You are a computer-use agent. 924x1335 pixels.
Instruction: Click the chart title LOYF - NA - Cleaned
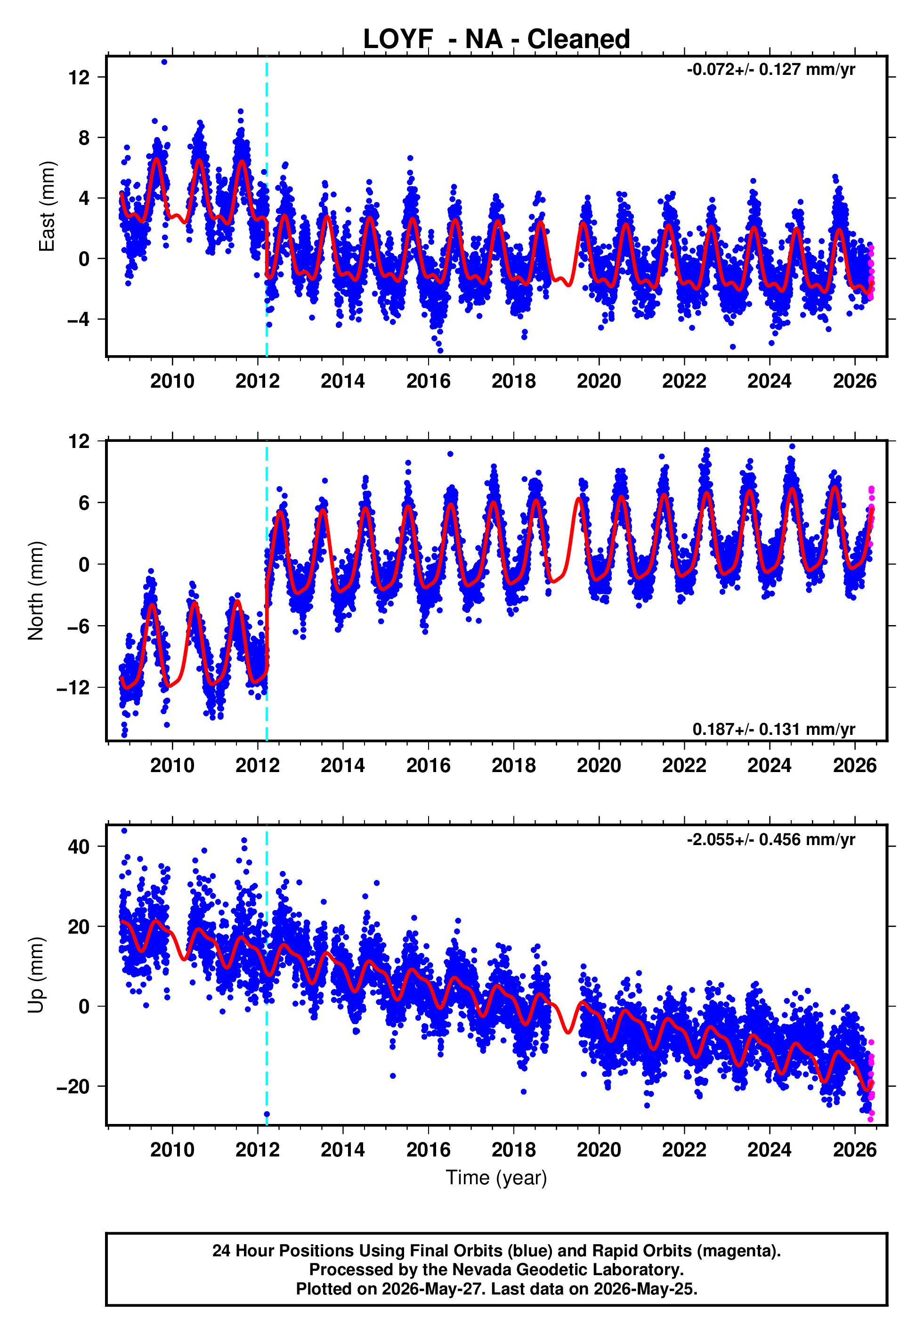(x=496, y=40)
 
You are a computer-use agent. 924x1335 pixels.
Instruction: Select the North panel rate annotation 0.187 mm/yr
(x=773, y=729)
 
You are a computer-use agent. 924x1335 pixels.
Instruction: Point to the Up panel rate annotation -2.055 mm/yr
(x=770, y=839)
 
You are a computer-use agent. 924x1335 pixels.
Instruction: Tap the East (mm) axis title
(x=47, y=206)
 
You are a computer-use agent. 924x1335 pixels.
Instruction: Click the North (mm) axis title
(x=36, y=591)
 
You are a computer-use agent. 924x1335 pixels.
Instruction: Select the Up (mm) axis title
(x=36, y=975)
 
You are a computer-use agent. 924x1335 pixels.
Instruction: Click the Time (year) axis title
(x=496, y=1178)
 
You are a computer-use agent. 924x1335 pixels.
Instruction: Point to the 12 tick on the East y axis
(x=79, y=77)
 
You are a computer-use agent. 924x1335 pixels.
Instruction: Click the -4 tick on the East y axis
(x=79, y=319)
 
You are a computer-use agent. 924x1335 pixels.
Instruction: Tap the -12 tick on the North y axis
(x=73, y=688)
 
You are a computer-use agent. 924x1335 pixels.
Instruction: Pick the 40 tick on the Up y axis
(x=79, y=847)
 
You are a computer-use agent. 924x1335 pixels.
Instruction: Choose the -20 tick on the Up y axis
(x=73, y=1087)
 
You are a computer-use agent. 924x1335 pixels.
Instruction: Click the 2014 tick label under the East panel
(x=343, y=381)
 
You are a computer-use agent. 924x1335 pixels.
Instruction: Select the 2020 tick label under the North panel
(x=599, y=765)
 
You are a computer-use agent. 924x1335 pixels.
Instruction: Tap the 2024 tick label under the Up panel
(x=770, y=1150)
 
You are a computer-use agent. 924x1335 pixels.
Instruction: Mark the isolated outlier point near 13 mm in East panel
(x=164, y=62)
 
